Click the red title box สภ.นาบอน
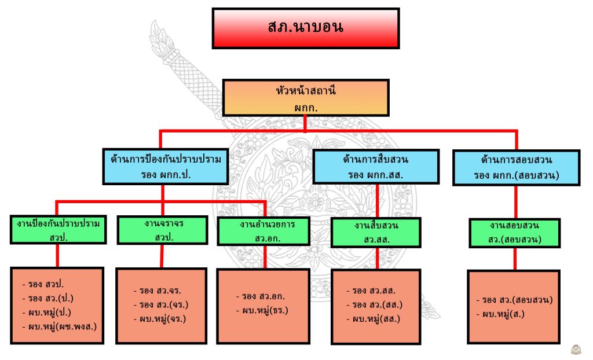(306, 28)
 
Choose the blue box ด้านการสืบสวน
(376, 167)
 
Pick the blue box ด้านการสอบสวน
(516, 167)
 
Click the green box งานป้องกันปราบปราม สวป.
(58, 230)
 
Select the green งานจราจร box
(162, 230)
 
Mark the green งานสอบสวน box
(514, 234)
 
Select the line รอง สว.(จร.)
(161, 305)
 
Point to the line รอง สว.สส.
(374, 291)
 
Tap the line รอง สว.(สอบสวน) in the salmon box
(514, 300)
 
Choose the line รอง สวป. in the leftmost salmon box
(45, 284)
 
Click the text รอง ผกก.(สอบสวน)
(516, 174)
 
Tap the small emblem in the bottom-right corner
(577, 350)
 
